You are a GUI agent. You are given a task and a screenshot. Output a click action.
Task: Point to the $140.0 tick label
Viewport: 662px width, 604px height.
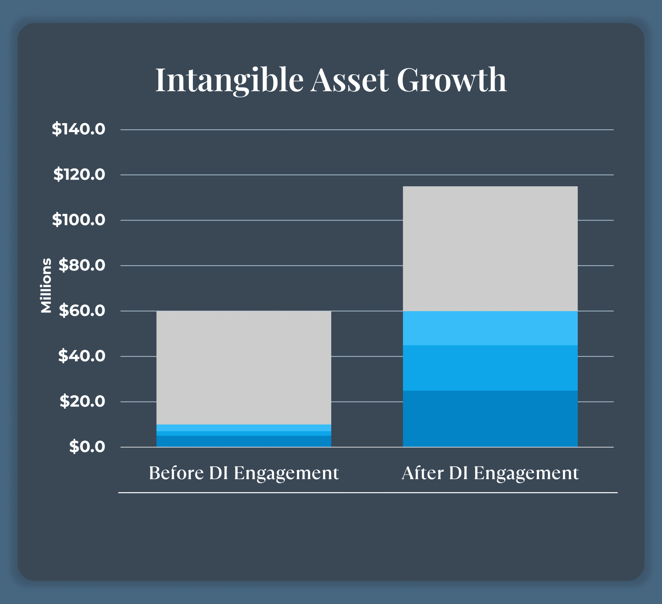click(78, 129)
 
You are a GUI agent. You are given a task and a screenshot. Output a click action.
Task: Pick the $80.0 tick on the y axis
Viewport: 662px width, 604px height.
click(82, 265)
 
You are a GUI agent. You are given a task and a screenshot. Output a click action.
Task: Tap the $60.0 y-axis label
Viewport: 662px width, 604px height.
click(82, 311)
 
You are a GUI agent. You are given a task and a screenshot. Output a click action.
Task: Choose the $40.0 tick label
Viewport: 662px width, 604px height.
click(82, 356)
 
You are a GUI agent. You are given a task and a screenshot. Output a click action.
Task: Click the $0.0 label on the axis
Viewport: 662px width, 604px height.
click(87, 447)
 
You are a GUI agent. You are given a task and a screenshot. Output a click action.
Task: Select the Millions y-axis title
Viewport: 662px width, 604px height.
click(46, 286)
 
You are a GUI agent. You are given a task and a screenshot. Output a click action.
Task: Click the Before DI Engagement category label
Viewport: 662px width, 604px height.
click(244, 473)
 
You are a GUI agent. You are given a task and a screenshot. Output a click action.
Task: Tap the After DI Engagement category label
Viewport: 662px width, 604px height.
click(490, 473)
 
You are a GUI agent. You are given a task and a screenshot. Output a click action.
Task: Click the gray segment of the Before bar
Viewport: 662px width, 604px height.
click(244, 368)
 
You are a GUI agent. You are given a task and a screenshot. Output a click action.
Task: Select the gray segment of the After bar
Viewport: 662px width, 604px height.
click(490, 248)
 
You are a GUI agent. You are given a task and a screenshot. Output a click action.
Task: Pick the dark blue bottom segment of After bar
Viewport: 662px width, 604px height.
click(490, 419)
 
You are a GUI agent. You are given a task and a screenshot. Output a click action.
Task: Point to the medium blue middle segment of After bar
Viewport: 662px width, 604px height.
click(490, 368)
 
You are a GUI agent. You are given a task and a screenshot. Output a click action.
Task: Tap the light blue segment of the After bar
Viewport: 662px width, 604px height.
click(490, 328)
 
